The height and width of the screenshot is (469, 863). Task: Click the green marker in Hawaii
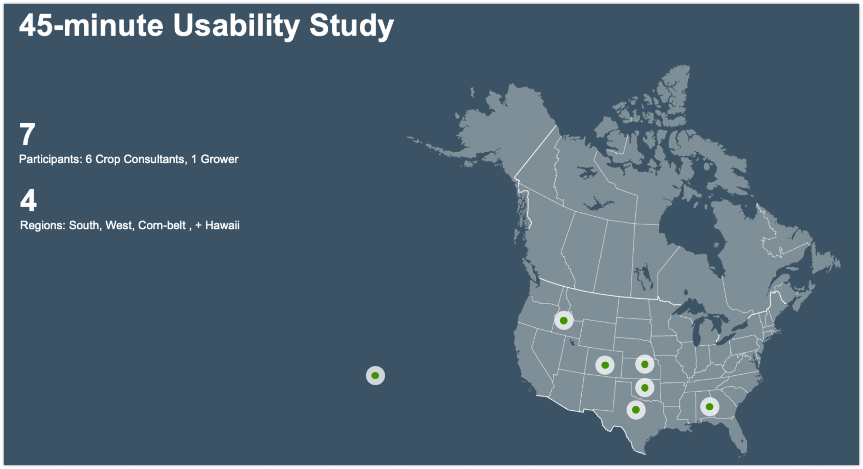pyautogui.click(x=375, y=375)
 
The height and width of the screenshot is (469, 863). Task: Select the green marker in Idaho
pyautogui.click(x=564, y=320)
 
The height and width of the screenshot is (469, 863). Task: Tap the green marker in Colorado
pyautogui.click(x=605, y=365)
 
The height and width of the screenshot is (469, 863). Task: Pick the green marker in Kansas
pyautogui.click(x=644, y=364)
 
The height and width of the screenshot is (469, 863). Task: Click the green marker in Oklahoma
pyautogui.click(x=644, y=388)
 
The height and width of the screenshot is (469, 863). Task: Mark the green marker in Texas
pyautogui.click(x=636, y=410)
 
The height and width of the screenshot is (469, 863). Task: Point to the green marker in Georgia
pyautogui.click(x=709, y=407)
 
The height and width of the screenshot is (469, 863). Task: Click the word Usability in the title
pyautogui.click(x=236, y=27)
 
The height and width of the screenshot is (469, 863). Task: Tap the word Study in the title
pyautogui.click(x=351, y=27)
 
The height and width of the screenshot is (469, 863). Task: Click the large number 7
pyautogui.click(x=27, y=134)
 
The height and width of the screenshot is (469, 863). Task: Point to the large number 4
pyautogui.click(x=28, y=200)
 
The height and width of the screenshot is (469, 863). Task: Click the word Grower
pyautogui.click(x=219, y=159)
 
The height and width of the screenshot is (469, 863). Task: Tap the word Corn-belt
pyautogui.click(x=162, y=225)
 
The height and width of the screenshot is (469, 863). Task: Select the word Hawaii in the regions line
pyautogui.click(x=222, y=225)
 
